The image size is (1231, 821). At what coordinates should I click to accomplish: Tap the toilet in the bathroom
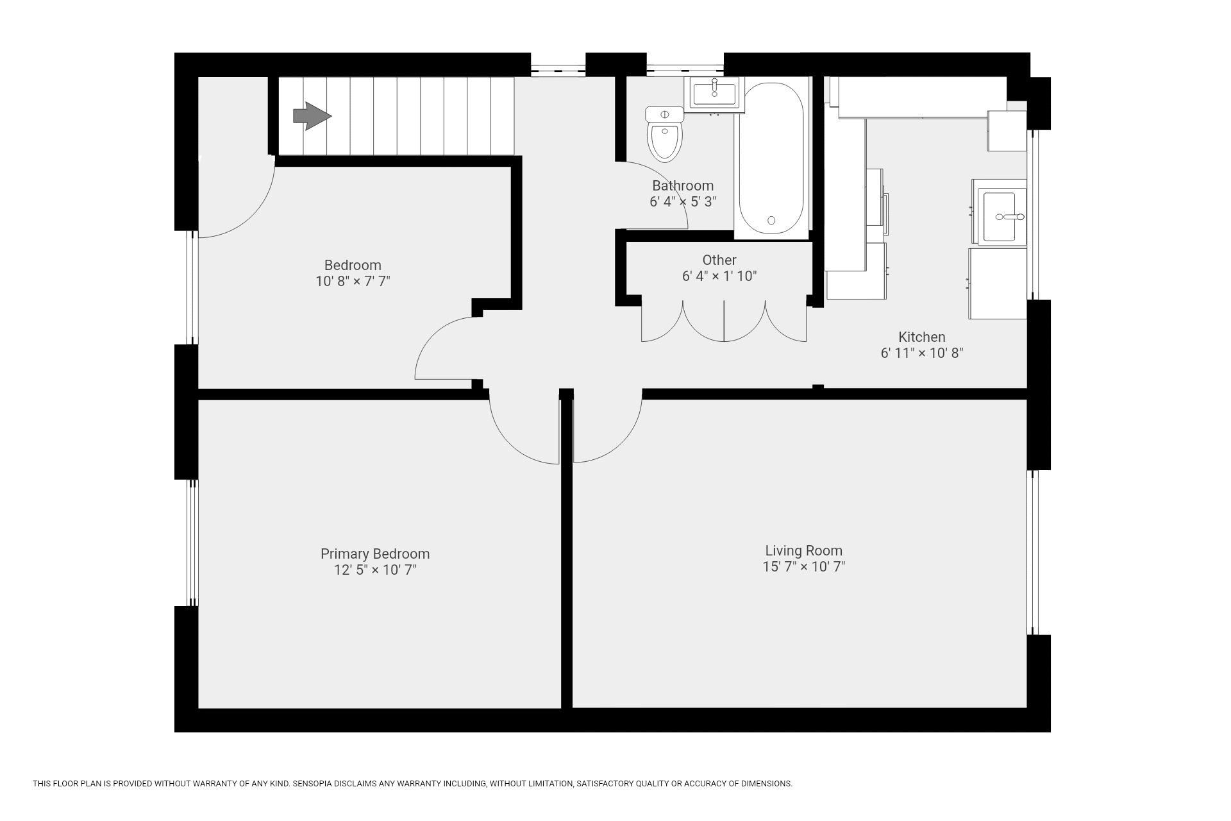665,134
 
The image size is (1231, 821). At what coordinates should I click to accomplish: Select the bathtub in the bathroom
771,158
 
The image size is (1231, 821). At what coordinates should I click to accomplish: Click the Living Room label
803,550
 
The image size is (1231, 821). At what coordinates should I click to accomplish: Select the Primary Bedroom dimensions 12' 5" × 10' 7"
375,570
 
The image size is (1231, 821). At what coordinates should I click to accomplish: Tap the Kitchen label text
921,337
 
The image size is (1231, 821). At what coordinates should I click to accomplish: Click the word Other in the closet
719,260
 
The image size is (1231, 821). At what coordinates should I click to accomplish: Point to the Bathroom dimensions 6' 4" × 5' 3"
683,201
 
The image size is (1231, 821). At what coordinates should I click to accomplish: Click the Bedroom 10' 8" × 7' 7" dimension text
353,281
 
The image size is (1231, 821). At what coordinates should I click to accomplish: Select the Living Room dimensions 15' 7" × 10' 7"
803,566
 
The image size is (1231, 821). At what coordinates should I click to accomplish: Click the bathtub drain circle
771,220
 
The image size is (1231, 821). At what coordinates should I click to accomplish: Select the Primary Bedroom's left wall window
192,543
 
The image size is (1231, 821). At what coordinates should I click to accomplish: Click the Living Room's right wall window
1032,552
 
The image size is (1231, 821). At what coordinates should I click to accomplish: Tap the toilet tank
665,114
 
